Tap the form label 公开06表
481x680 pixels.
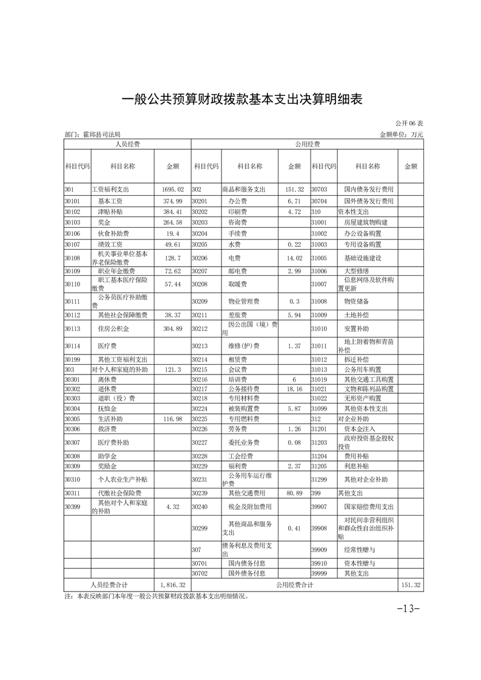410,124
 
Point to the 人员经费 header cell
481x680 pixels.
127,144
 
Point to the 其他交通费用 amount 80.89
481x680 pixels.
294,493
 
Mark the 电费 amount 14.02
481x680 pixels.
294,257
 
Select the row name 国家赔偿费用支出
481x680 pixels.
369,506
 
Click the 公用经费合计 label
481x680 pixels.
294,585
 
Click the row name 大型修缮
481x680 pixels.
356,270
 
